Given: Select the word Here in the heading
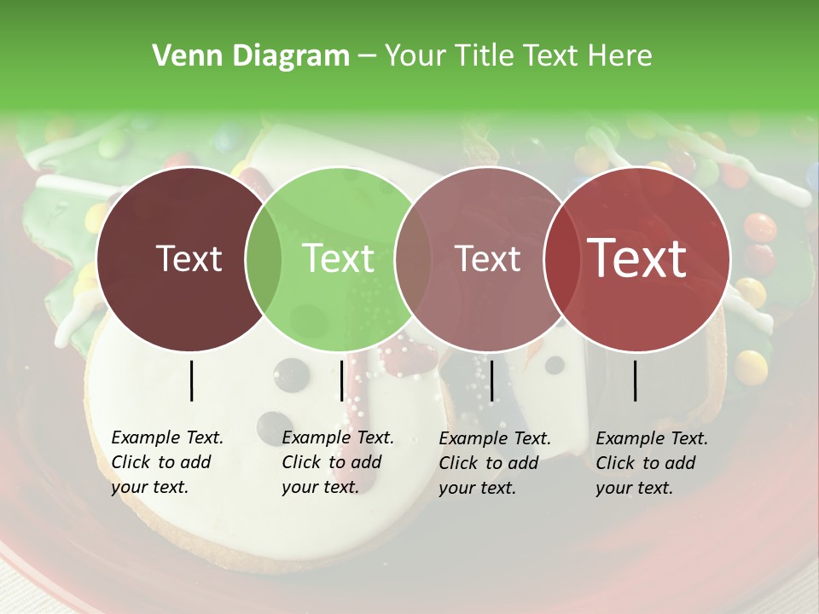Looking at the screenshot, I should [622, 56].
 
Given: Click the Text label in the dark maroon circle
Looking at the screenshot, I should [189, 259].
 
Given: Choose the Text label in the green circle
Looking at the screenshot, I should [338, 259].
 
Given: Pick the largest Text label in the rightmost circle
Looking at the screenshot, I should [637, 259].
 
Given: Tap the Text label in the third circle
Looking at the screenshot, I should [488, 259].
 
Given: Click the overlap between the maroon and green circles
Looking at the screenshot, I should [264, 259].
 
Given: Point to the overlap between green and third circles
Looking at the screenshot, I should [413, 259].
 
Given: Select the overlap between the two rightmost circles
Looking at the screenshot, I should [562, 259].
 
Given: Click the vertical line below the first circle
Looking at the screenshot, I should [192, 380].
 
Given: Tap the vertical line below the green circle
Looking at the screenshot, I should [341, 380].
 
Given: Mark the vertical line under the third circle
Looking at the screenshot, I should [491, 380].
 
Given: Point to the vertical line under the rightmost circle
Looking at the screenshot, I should [636, 380].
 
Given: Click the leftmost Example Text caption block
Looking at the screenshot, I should [167, 462].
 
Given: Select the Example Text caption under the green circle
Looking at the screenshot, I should [338, 462].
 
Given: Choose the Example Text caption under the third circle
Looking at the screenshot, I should [495, 463].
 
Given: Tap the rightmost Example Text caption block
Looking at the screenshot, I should [652, 463].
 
